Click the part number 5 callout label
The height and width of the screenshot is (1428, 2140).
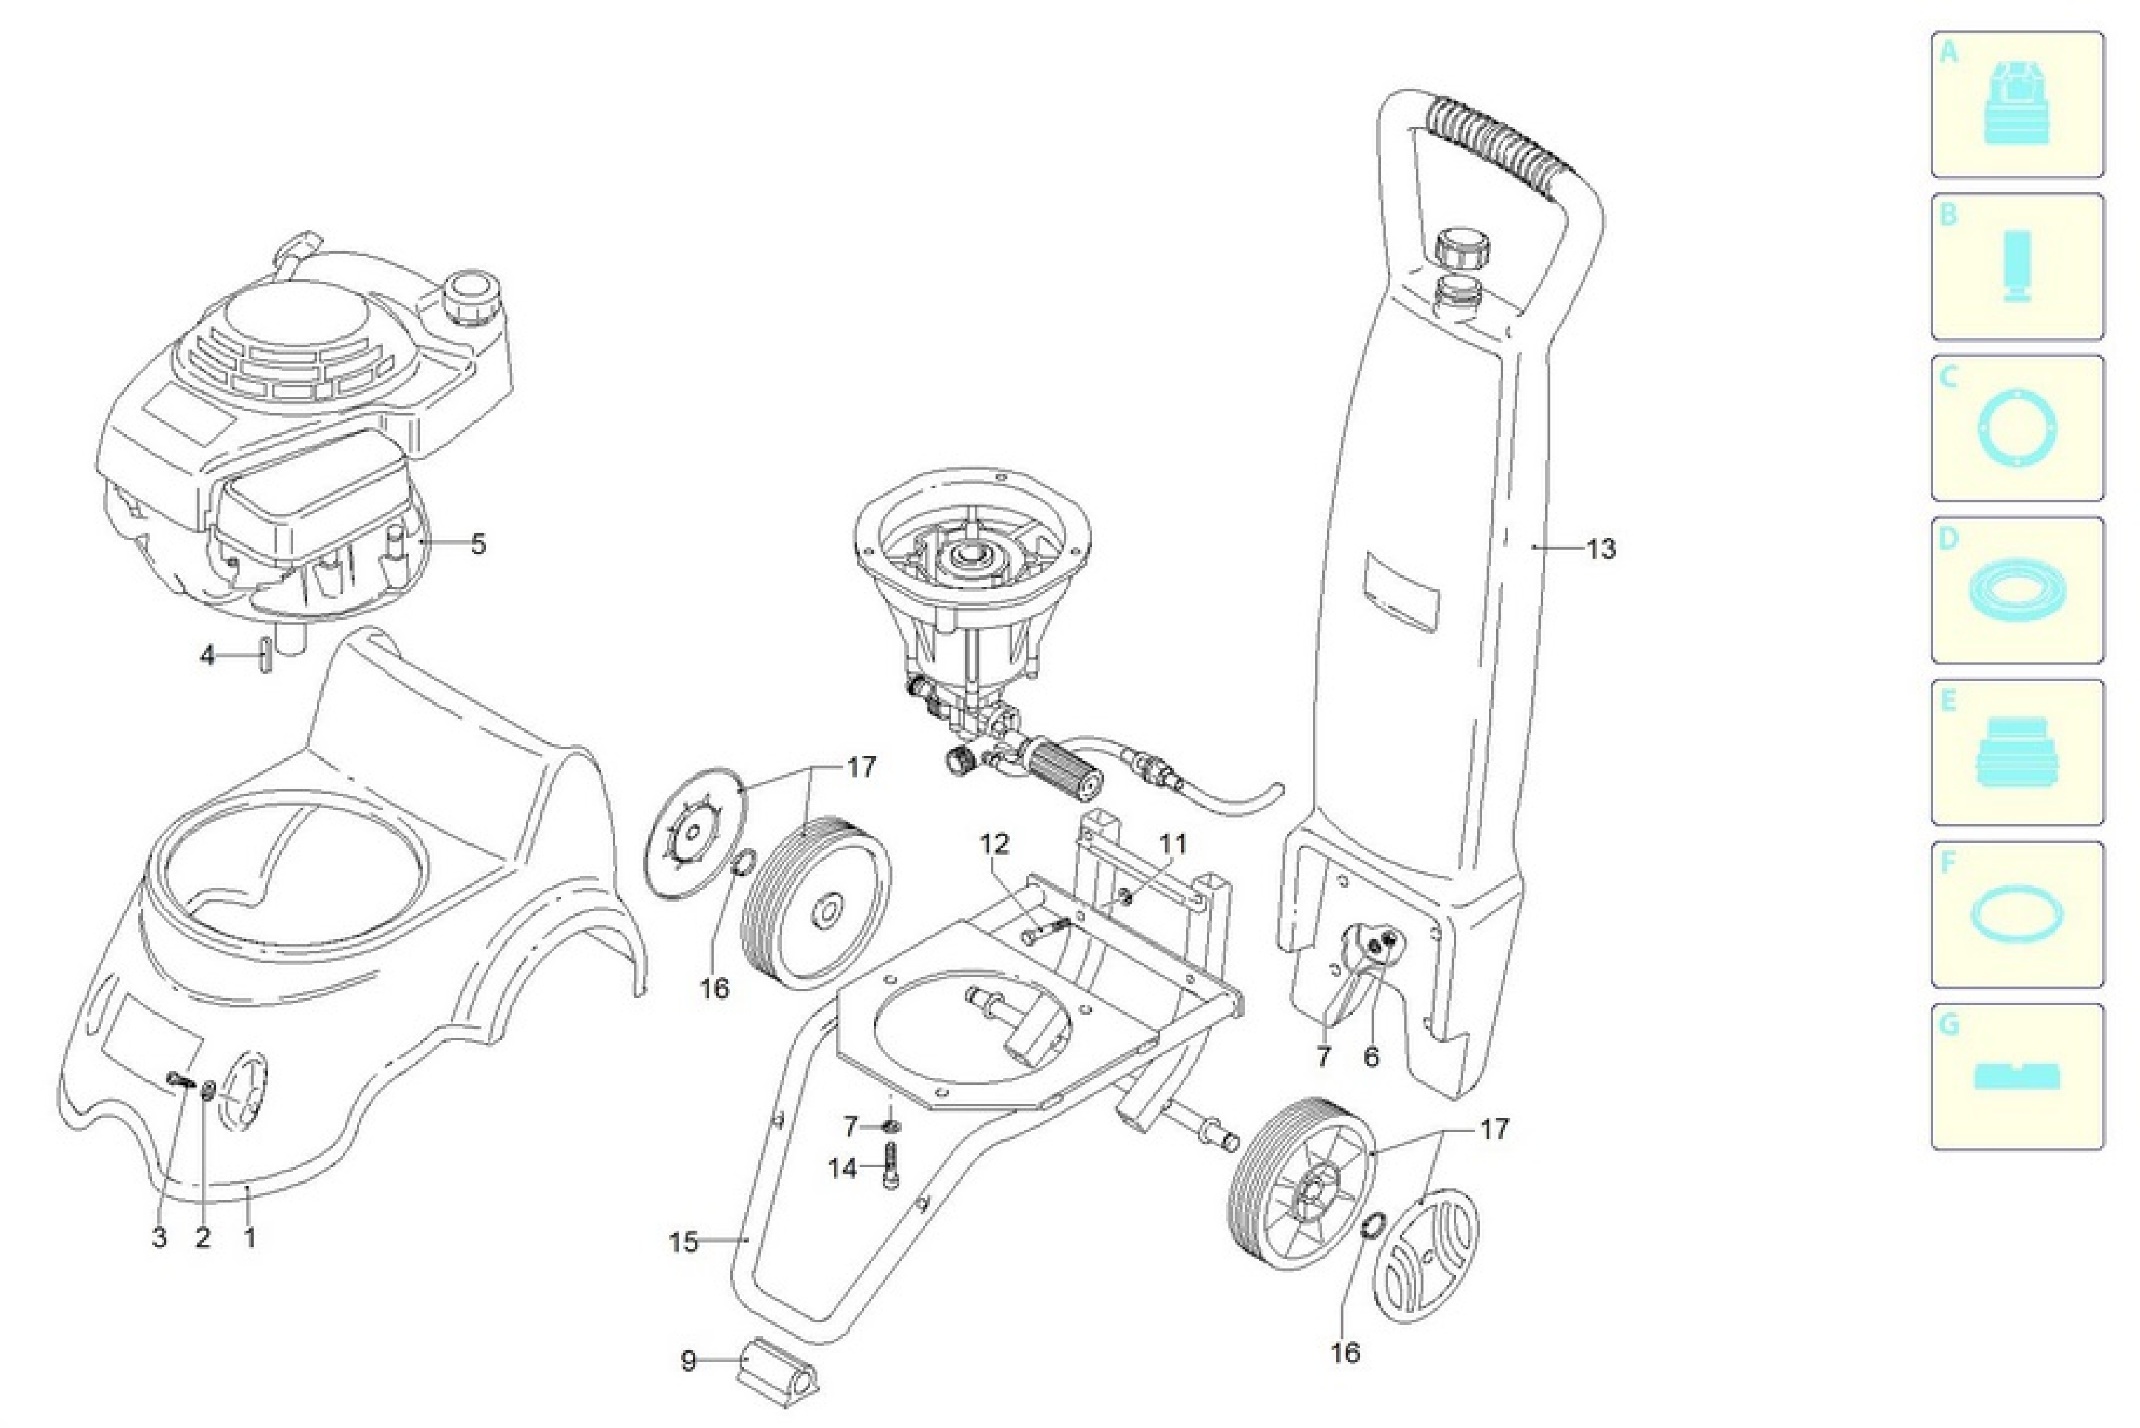pos(478,545)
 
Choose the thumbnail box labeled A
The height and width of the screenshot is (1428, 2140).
pos(2017,105)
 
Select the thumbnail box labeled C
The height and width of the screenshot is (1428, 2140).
pos(2017,428)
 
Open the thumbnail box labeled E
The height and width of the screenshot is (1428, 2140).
pos(2017,752)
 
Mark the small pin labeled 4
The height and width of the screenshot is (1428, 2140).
pos(263,656)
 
